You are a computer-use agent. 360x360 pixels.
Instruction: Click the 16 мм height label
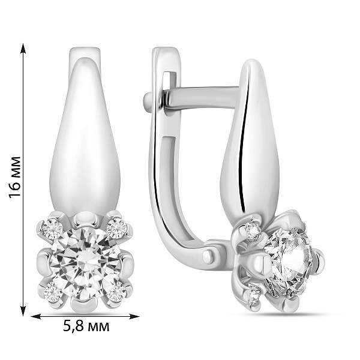[x=14, y=177]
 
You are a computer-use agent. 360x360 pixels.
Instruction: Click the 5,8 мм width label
[x=86, y=326]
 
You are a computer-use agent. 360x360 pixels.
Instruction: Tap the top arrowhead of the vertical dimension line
[x=23, y=48]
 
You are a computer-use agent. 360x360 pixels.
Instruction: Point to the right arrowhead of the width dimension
[x=134, y=317]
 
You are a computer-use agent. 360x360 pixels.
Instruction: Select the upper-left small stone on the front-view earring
[x=52, y=229]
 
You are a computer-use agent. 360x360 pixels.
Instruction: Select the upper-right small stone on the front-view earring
[x=116, y=228]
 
